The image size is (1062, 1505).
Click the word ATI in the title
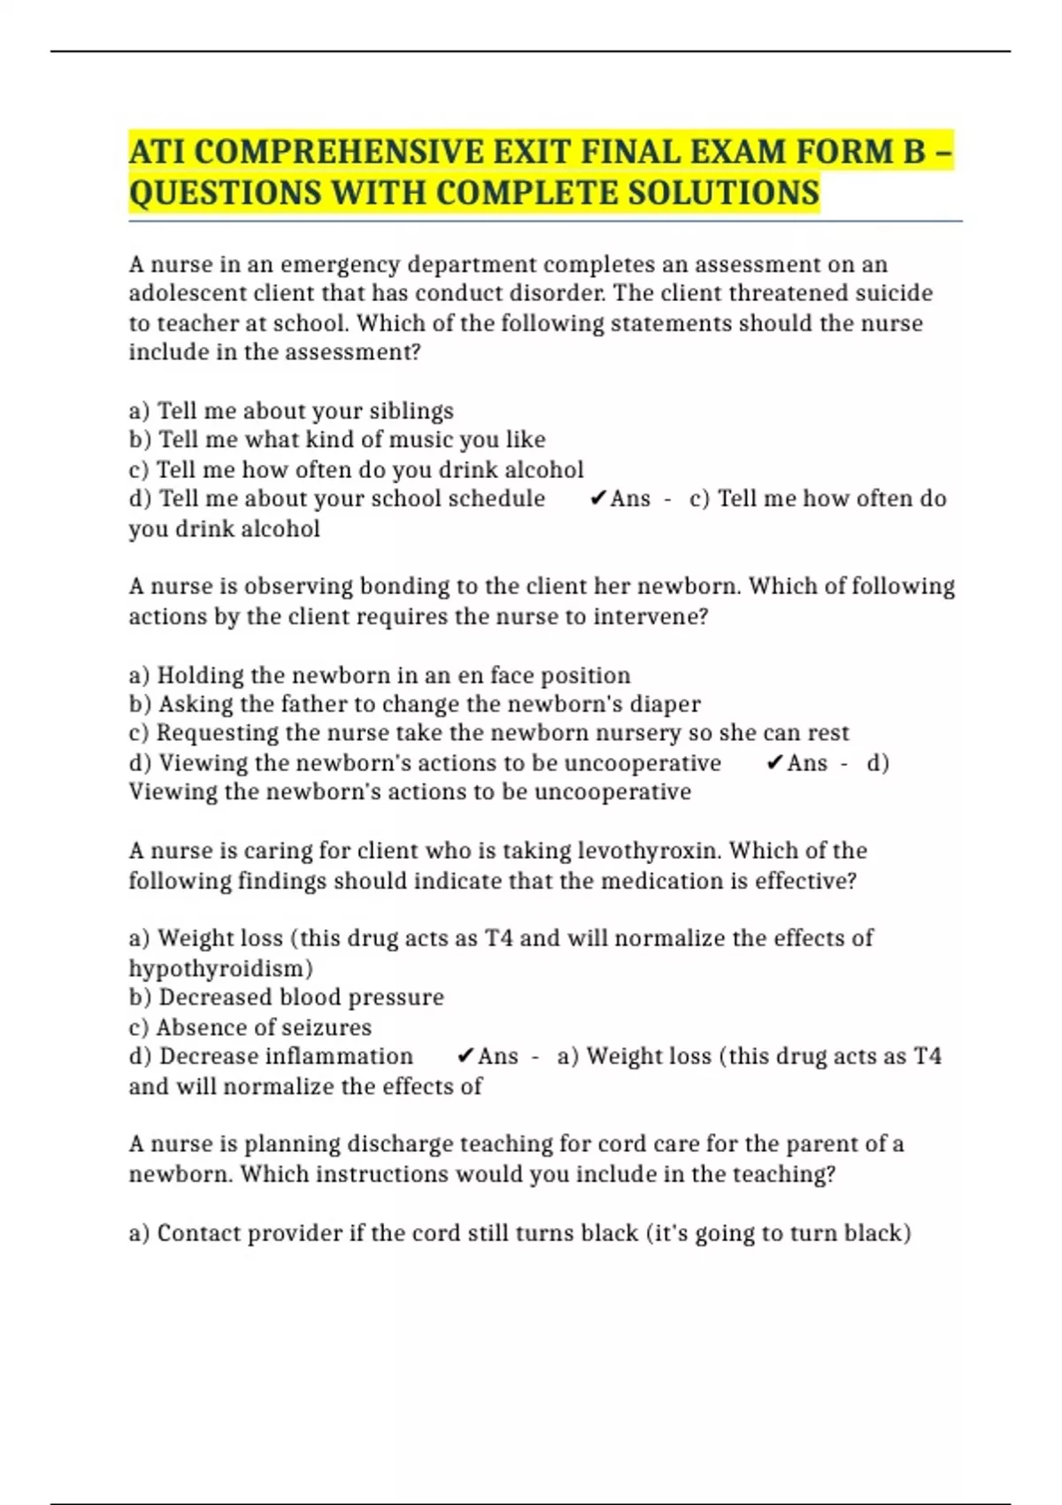click(x=158, y=152)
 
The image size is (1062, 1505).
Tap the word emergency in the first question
click(x=335, y=265)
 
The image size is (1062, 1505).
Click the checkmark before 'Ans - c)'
click(x=598, y=499)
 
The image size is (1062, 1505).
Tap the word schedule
click(x=496, y=499)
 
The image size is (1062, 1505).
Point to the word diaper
click(x=665, y=705)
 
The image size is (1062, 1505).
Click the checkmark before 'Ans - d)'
click(x=774, y=763)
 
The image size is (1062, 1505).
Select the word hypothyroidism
click(x=220, y=969)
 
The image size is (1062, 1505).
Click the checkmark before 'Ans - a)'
click(x=466, y=1057)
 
